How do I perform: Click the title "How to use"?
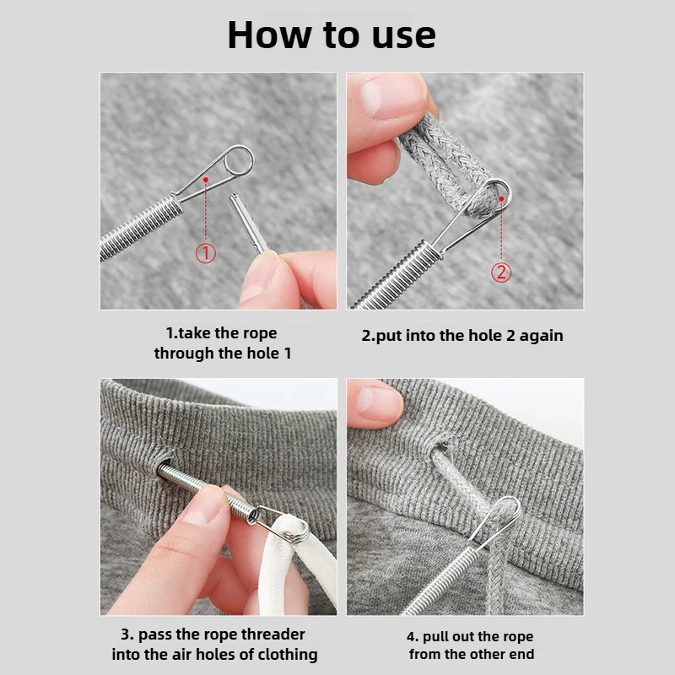(x=332, y=35)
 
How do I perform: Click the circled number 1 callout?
(x=206, y=252)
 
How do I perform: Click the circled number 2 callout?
(x=501, y=272)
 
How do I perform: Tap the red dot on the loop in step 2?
(x=501, y=198)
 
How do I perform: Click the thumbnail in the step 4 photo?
(x=376, y=400)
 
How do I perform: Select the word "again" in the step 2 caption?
(x=541, y=335)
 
